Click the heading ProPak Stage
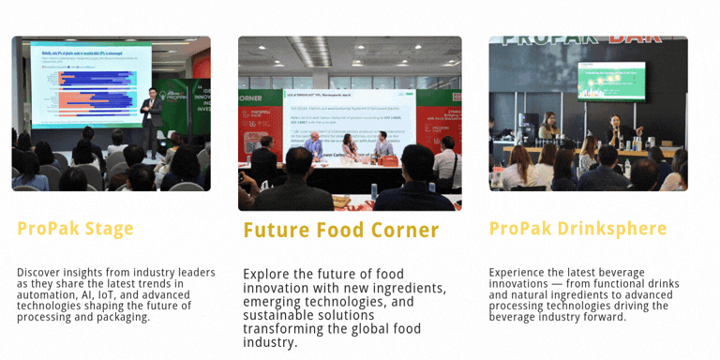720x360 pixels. click(x=75, y=229)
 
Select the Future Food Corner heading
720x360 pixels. click(x=340, y=231)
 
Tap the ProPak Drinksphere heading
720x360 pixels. click(x=577, y=229)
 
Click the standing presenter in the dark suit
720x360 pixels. click(x=151, y=119)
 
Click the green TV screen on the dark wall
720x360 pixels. click(x=611, y=81)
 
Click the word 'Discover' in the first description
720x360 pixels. click(x=41, y=273)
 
